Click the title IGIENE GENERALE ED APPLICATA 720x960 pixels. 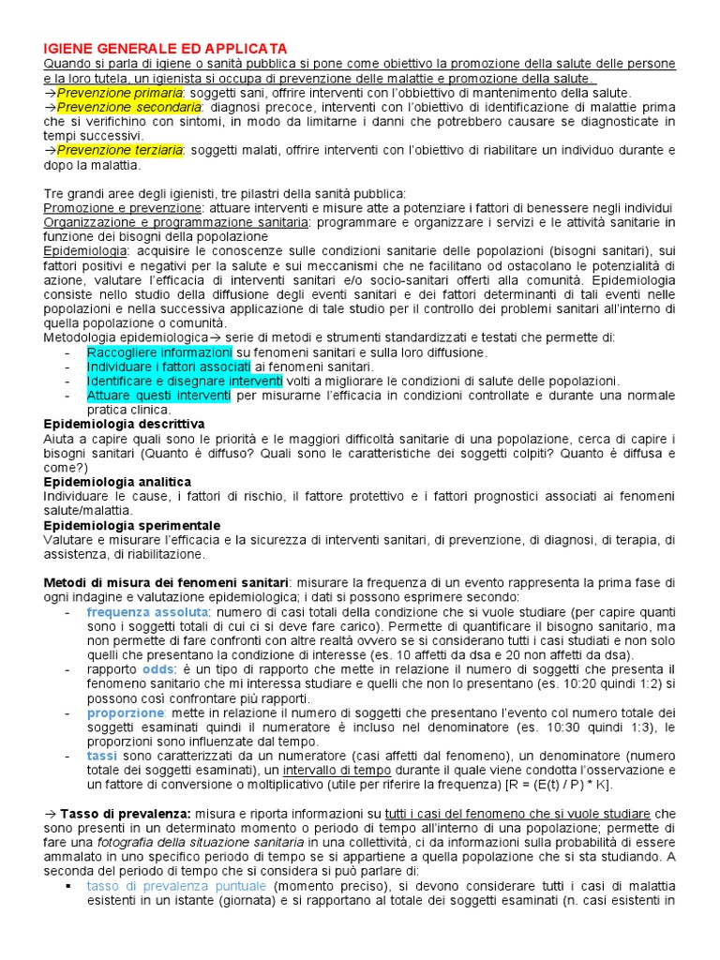click(x=165, y=48)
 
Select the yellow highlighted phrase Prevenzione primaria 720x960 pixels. click(x=119, y=93)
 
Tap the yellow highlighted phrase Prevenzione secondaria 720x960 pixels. click(x=128, y=107)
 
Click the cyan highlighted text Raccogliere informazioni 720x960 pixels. click(x=159, y=352)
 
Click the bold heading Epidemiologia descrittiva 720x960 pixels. click(x=125, y=424)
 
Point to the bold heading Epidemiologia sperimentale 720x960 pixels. click(x=132, y=525)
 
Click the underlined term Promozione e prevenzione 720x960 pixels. click(x=123, y=207)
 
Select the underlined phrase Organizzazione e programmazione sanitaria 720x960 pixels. click(x=176, y=222)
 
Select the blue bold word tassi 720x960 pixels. click(x=102, y=756)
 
